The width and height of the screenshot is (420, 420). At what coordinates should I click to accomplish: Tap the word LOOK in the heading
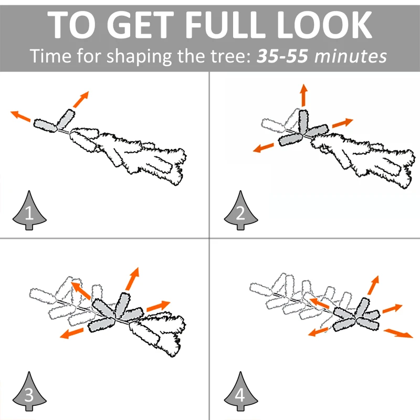coord(324,25)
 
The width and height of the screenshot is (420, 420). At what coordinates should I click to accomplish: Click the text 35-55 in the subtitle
coord(282,56)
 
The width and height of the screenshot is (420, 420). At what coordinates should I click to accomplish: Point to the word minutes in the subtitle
coord(351,56)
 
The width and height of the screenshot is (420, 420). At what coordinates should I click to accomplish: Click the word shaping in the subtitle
coord(139,57)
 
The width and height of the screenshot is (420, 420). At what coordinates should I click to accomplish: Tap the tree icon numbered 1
coord(29,211)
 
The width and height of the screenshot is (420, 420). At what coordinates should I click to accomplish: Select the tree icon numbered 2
coord(240,211)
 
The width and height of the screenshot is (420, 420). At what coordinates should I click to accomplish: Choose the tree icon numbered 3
coord(29,391)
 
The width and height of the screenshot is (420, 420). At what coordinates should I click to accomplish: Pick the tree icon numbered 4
coord(240,391)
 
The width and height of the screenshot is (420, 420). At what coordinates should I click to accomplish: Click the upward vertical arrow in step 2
coord(303,95)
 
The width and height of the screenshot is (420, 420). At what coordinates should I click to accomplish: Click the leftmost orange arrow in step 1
coord(20,116)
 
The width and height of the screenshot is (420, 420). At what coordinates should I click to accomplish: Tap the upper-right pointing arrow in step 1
coord(81,99)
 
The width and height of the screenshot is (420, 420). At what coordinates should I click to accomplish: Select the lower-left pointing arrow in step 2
coord(264,148)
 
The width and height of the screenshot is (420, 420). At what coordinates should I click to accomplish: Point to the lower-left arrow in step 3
coord(71,333)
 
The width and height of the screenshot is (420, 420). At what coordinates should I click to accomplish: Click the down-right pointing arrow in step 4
coord(398,334)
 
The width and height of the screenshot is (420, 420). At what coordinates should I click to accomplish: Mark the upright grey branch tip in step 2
coord(303,121)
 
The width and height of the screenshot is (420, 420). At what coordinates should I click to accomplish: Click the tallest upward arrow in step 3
coord(132,279)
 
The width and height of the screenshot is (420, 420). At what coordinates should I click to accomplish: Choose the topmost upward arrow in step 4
coord(373,285)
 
